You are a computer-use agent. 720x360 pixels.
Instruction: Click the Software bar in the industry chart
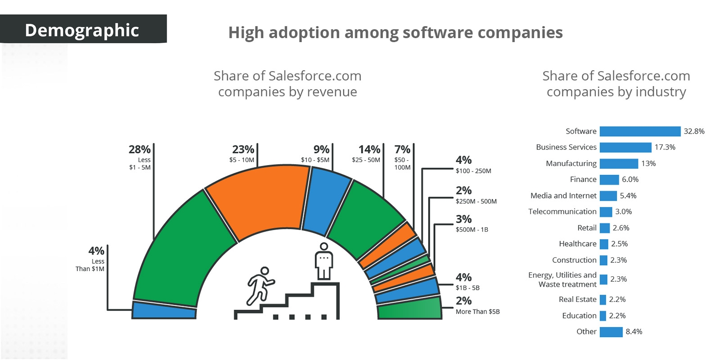tap(639, 131)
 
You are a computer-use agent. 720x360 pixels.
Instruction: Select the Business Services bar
tap(625, 147)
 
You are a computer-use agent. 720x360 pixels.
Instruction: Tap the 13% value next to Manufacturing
tap(648, 163)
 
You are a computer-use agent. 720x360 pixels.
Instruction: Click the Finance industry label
tap(583, 179)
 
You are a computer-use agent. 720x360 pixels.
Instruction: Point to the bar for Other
tap(611, 332)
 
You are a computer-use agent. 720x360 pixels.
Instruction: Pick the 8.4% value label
tap(634, 332)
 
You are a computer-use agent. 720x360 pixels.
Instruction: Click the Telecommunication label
tap(562, 211)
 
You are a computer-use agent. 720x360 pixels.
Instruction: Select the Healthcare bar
tap(603, 244)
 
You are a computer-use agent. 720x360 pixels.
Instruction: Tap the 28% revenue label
tap(139, 149)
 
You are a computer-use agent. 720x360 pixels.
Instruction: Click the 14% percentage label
tap(369, 149)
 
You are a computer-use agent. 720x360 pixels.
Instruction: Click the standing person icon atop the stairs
tap(324, 261)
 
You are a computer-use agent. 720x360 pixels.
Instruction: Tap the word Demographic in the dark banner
tap(82, 30)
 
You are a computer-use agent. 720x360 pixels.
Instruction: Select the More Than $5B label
tap(477, 311)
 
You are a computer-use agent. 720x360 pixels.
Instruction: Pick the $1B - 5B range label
tap(468, 288)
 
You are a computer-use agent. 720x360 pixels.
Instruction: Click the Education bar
tap(603, 315)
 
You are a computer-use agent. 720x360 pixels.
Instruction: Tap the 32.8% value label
tap(694, 131)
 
